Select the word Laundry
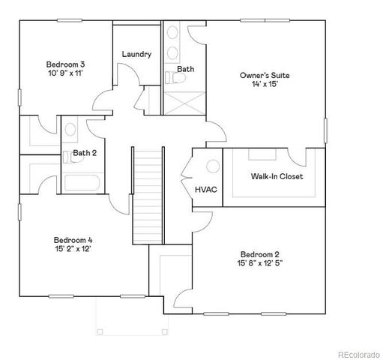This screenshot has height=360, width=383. [136, 54]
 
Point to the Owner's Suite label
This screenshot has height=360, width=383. [265, 75]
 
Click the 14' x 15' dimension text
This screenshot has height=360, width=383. [265, 85]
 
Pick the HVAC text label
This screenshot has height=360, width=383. [206, 189]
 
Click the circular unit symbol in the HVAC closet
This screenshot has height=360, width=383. [211, 166]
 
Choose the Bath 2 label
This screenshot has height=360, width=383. [84, 154]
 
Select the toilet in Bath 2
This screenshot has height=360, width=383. [69, 129]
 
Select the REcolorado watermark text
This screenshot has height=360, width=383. [358, 352]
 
